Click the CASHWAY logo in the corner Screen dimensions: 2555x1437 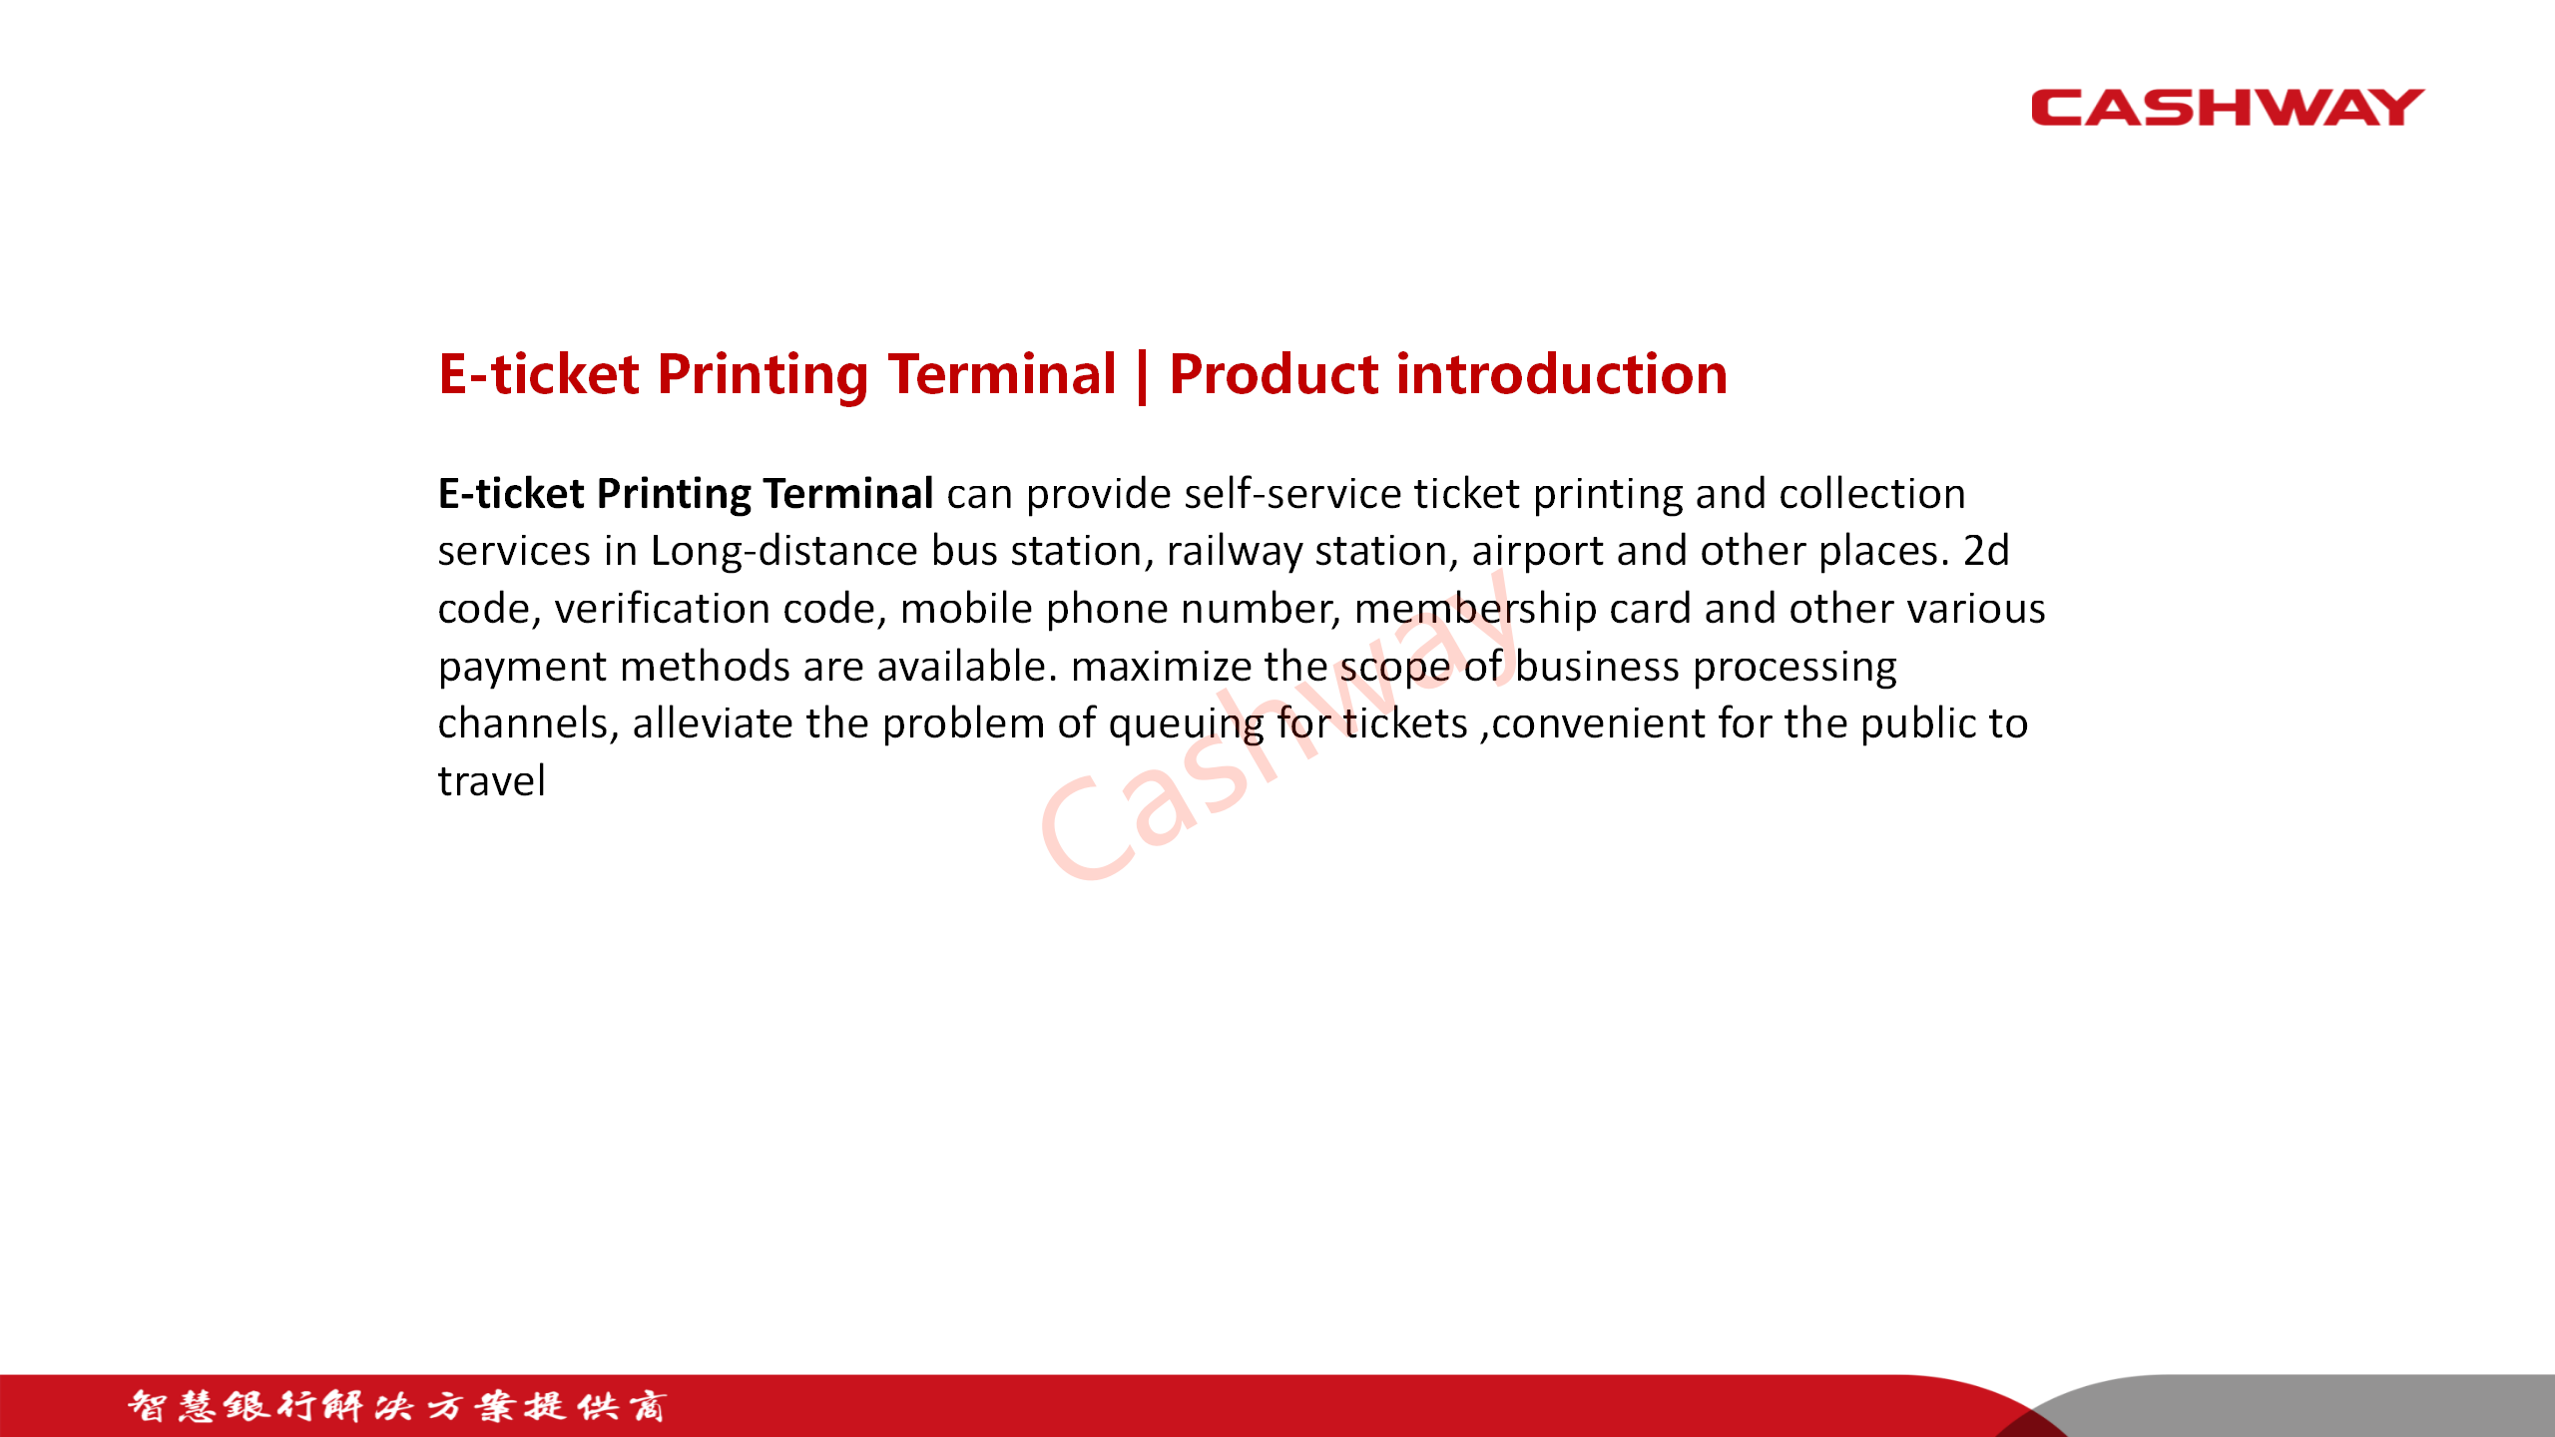2228,108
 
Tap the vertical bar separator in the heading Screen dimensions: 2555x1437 1142,376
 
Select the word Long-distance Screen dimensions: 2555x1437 783,552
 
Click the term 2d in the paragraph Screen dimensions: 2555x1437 1986,550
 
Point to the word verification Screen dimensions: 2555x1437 662,608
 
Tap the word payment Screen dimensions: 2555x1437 522,668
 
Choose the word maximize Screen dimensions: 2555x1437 1161,666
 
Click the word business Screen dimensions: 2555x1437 1597,666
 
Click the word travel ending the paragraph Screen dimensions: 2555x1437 492,780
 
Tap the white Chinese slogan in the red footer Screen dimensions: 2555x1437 396,1406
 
